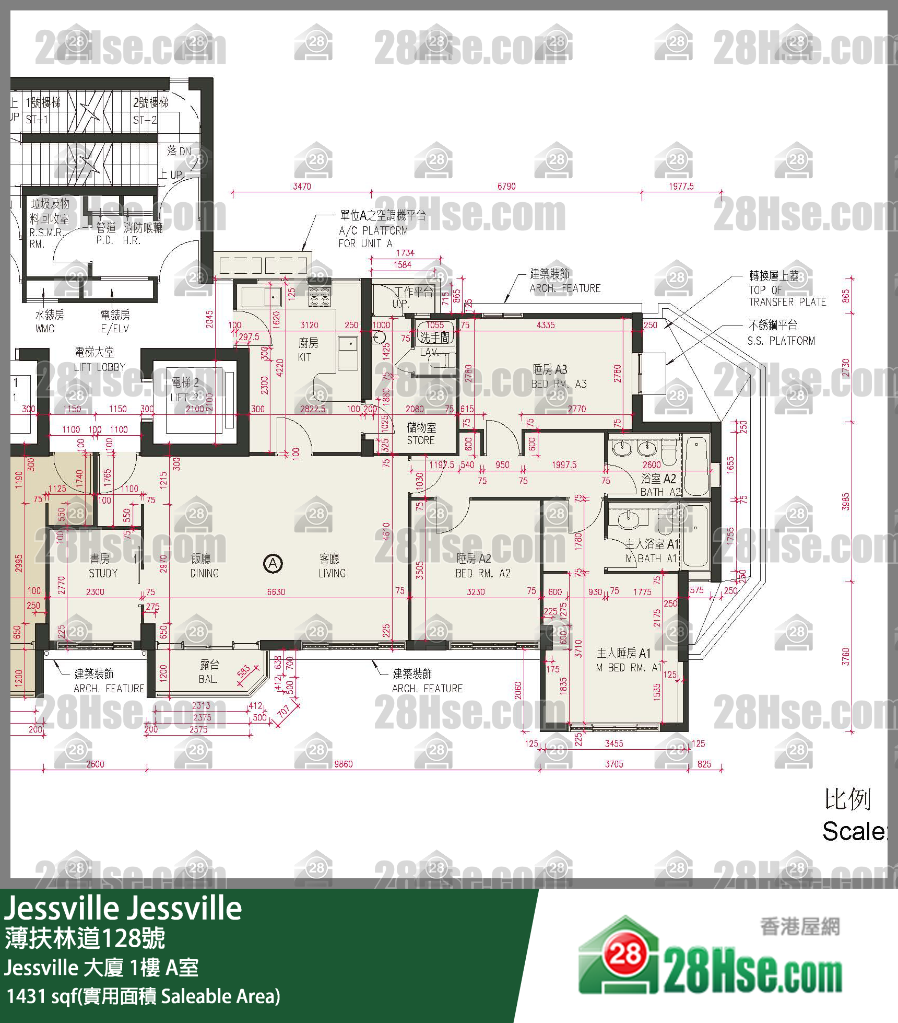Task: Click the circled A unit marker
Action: tap(273, 564)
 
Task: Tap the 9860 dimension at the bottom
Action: tap(343, 764)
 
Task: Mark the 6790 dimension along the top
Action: tap(506, 186)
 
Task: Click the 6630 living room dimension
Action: tap(276, 592)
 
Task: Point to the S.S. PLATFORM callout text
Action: tap(781, 340)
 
